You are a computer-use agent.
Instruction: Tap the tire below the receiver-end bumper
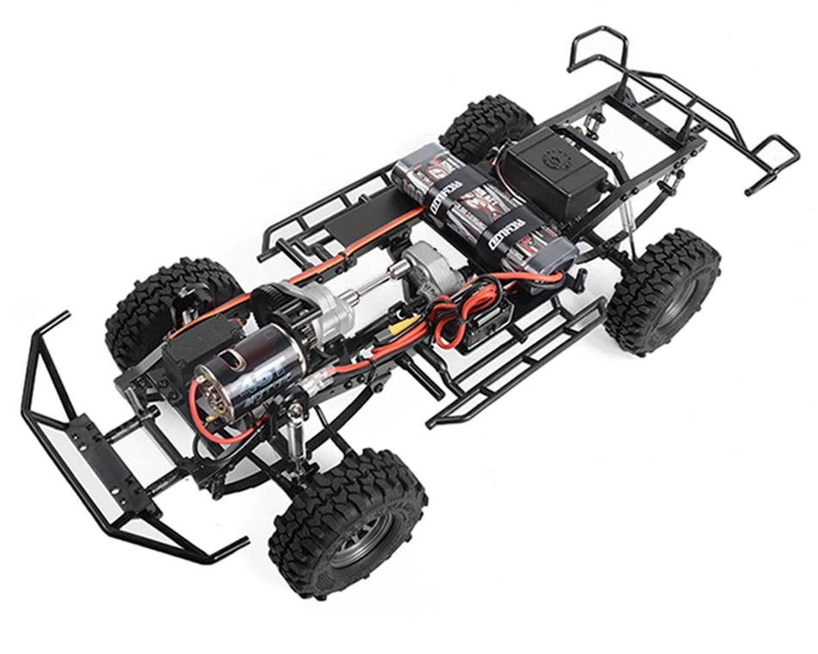coord(663,293)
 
